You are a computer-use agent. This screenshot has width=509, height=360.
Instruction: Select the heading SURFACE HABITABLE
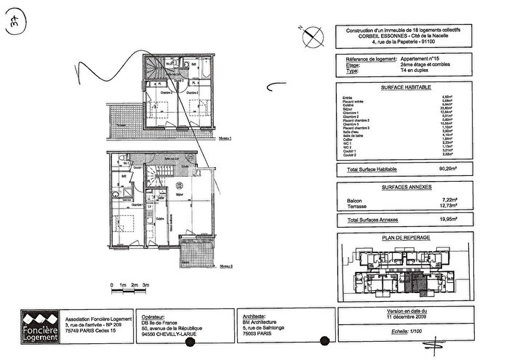point(404,87)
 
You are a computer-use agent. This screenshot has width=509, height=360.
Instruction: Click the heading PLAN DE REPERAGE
point(404,238)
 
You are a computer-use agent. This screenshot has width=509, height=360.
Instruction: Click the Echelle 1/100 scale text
point(404,331)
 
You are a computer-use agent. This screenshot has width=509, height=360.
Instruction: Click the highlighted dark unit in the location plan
point(416,277)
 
